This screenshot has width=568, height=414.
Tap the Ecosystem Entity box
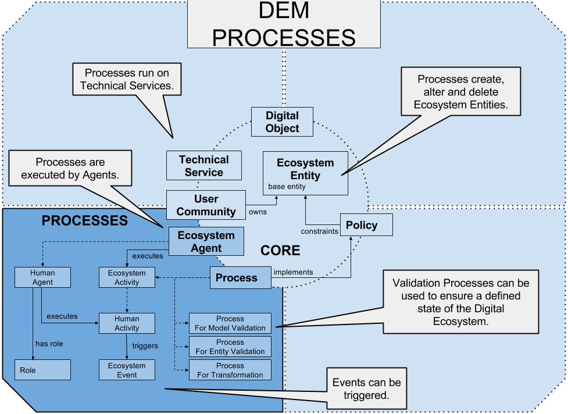click(x=305, y=173)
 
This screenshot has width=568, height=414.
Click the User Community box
click(x=206, y=205)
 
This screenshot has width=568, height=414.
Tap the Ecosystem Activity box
click(x=127, y=277)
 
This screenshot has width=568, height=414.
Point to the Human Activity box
click(x=127, y=323)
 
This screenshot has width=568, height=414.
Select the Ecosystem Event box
click(x=127, y=369)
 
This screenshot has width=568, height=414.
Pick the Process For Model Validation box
click(x=230, y=323)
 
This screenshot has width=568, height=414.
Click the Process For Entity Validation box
click(x=230, y=347)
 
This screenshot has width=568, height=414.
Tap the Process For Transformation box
click(x=230, y=370)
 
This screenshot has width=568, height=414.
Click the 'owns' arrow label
click(x=258, y=212)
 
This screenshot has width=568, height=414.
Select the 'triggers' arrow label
click(x=144, y=345)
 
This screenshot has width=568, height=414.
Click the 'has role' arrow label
click(x=49, y=344)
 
